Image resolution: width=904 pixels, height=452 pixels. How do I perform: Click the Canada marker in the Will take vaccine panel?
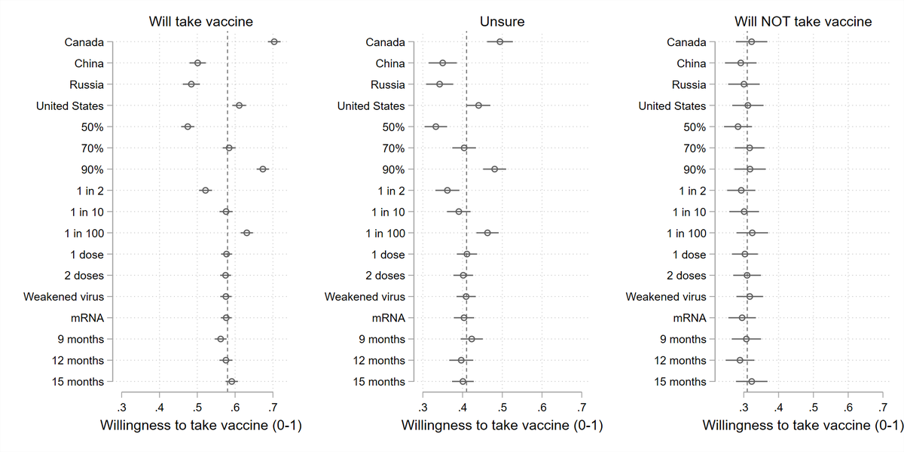pos(274,42)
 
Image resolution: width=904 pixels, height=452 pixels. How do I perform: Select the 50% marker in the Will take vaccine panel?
pos(188,127)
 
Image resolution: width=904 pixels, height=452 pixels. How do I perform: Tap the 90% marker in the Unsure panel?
pos(494,169)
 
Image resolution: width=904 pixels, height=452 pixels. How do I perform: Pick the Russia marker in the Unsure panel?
pos(439,85)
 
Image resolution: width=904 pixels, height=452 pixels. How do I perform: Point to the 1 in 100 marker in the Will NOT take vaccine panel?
pos(752,234)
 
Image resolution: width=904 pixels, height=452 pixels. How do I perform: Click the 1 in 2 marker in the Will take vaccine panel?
pos(205,191)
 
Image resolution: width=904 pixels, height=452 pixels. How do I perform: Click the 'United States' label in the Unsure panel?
pos(371,106)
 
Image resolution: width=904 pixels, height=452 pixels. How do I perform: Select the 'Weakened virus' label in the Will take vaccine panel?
pos(63,297)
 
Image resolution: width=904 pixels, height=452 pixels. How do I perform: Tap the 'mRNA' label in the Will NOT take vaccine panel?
pos(691,318)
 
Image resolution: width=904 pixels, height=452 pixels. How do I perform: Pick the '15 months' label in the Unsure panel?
pos(379,382)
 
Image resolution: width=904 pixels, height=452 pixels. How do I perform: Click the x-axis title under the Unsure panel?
pos(502,426)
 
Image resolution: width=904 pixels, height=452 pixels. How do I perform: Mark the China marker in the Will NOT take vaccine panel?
pos(741,63)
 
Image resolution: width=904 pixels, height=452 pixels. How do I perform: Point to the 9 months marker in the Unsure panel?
pos(472,339)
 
